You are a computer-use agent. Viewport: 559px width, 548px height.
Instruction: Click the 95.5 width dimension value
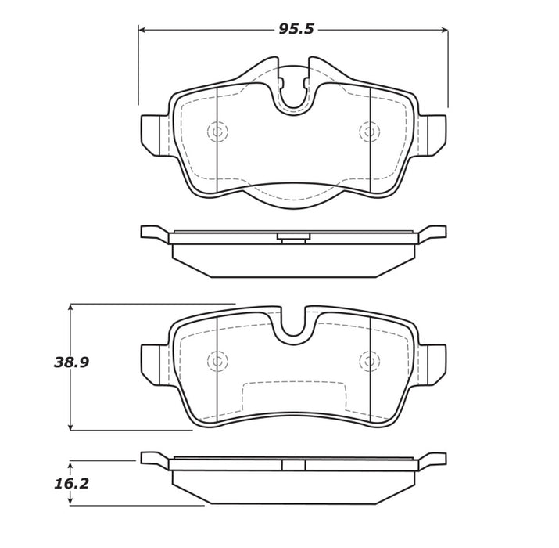point(296,29)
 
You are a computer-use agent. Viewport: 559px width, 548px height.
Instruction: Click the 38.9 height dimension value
point(71,362)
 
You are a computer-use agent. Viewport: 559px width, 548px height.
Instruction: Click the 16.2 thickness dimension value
point(71,484)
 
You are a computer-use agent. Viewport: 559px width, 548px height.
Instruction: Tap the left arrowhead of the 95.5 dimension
point(142,30)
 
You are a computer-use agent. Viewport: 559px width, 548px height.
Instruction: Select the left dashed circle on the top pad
point(217,132)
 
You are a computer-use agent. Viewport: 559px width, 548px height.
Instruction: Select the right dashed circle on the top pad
point(368,132)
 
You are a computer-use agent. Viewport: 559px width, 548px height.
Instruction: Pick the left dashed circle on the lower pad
point(217,361)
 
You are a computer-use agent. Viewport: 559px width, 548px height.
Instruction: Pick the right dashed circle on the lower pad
point(368,361)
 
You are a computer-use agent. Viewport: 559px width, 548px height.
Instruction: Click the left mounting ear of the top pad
point(153,132)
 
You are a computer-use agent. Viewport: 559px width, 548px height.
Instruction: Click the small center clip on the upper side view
point(293,236)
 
